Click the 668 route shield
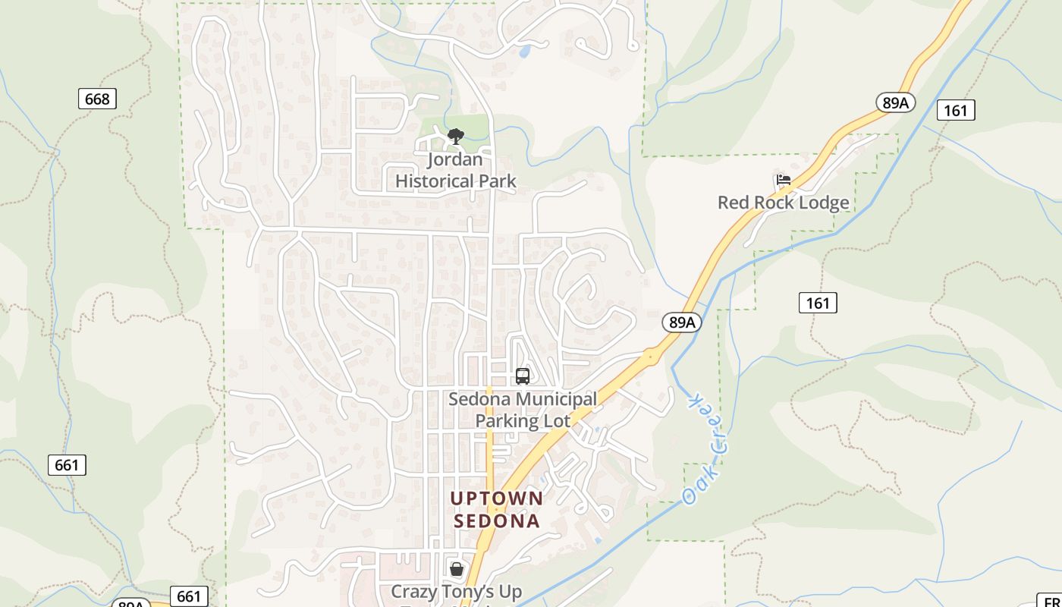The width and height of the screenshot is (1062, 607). [97, 99]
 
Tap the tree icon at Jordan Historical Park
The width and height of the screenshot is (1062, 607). [455, 137]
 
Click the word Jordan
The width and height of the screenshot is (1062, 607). [455, 159]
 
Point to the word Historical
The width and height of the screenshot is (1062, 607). [435, 181]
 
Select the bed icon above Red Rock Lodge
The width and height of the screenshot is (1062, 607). [784, 180]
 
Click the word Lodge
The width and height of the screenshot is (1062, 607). [820, 203]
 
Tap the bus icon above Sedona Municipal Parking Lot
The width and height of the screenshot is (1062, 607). [522, 376]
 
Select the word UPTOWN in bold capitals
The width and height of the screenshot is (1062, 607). [497, 498]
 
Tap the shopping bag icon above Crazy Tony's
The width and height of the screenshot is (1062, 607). [456, 568]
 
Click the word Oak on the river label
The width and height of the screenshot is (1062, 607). [690, 491]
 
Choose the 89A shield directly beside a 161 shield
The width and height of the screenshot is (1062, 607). [895, 102]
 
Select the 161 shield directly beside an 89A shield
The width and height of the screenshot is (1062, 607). [955, 110]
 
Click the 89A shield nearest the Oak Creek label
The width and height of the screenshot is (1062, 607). [681, 322]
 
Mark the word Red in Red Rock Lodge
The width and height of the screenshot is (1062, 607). [733, 203]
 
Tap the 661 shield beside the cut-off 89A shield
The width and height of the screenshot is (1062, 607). [188, 597]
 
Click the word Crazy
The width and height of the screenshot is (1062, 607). [416, 591]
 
